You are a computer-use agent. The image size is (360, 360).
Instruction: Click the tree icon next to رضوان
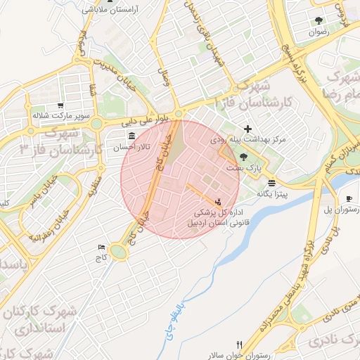pyautogui.click(x=320, y=20)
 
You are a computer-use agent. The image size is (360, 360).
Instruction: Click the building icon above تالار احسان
pyautogui.click(x=131, y=136)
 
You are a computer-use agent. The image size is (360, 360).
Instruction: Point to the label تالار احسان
pyautogui.click(x=134, y=147)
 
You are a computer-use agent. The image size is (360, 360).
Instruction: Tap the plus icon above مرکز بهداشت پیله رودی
pyautogui.click(x=247, y=129)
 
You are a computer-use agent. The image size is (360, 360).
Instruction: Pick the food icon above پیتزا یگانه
pyautogui.click(x=271, y=182)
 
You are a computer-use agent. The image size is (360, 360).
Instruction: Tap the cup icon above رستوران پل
pyautogui.click(x=349, y=199)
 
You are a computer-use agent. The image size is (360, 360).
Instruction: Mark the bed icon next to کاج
pyautogui.click(x=103, y=247)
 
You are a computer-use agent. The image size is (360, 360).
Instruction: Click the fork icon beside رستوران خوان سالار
pyautogui.click(x=239, y=345)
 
